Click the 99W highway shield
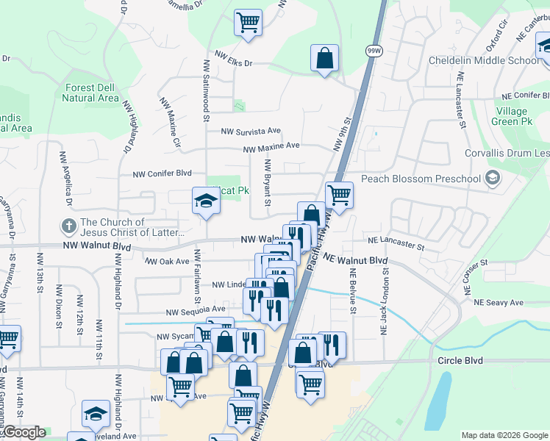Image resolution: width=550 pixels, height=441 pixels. [x=374, y=50]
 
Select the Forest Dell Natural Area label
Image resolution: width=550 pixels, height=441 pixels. [x=90, y=93]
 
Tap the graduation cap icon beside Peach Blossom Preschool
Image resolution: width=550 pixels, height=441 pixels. [x=492, y=178]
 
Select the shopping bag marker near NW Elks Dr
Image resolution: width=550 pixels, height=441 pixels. [x=324, y=58]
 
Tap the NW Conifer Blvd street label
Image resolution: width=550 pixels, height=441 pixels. [x=162, y=174]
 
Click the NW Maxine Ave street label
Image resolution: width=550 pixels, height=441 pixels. [x=272, y=146]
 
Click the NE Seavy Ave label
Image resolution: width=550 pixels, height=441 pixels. [x=498, y=302]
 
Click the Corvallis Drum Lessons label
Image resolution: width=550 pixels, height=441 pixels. [x=507, y=154]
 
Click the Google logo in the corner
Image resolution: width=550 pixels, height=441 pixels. [x=24, y=433]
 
